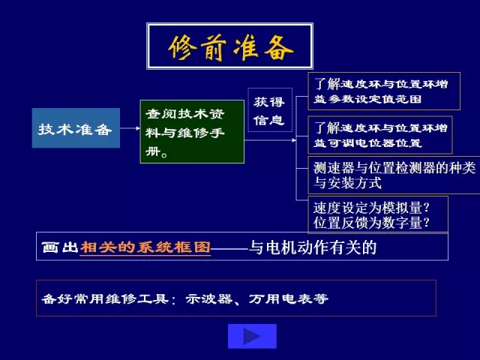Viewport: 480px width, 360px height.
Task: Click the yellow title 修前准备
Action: pyautogui.click(x=231, y=48)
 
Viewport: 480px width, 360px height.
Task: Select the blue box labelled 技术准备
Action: pyautogui.click(x=76, y=128)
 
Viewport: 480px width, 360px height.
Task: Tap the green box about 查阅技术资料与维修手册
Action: pyautogui.click(x=192, y=132)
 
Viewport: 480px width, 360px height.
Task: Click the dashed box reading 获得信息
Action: pyautogui.click(x=270, y=110)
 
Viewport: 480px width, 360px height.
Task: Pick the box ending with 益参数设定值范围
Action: pyautogui.click(x=384, y=91)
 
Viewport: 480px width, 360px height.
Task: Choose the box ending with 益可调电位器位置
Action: pyautogui.click(x=380, y=135)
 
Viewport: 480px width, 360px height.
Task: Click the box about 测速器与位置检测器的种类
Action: pyautogui.click(x=394, y=175)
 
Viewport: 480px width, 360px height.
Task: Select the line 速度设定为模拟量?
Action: pyautogui.click(x=371, y=208)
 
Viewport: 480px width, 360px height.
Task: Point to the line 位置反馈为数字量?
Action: pyautogui.click(x=371, y=223)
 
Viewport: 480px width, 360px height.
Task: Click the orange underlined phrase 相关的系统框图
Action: pyautogui.click(x=145, y=247)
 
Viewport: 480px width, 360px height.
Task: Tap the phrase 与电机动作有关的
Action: pyautogui.click(x=312, y=247)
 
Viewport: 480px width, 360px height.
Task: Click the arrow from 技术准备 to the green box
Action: pyautogui.click(x=130, y=128)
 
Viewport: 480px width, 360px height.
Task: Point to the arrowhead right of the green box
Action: pyautogui.click(x=294, y=140)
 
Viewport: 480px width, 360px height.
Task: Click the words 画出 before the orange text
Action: pyautogui.click(x=60, y=247)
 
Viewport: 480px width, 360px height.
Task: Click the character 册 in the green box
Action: pyautogui.click(x=153, y=151)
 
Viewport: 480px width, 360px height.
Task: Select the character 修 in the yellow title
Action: pyautogui.click(x=182, y=48)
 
